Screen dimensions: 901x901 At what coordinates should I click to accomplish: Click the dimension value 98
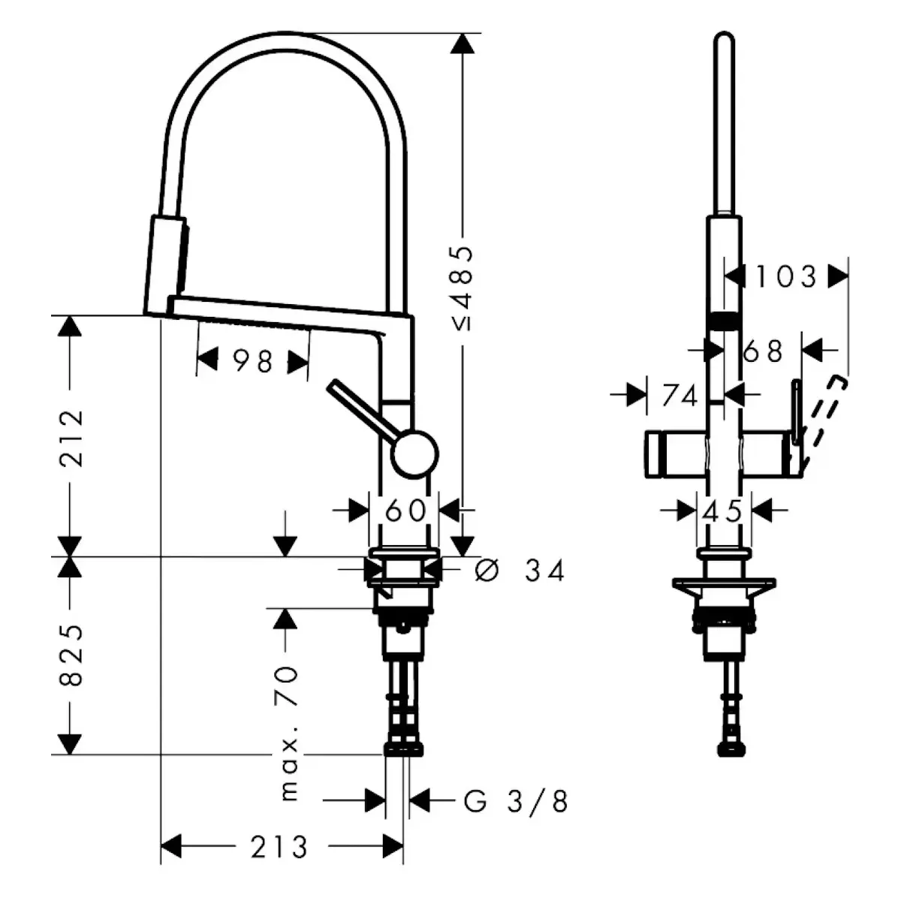coord(252,361)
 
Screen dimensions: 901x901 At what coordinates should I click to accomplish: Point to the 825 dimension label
coord(71,654)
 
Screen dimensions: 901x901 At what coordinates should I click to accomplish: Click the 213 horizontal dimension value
coord(279,847)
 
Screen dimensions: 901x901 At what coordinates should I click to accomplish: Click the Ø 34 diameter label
coord(520,571)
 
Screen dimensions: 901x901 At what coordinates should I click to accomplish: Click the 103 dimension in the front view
coord(785,276)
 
